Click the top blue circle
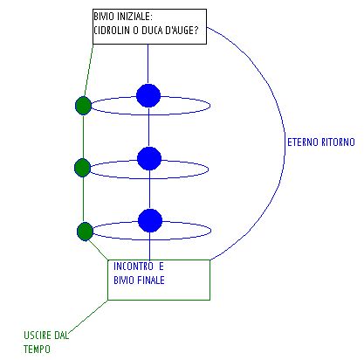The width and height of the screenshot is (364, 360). (148, 95)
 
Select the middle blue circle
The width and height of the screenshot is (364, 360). (149, 158)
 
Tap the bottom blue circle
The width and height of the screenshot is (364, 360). (150, 220)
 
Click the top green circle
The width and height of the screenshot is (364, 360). (84, 106)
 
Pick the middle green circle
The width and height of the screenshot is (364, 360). (83, 168)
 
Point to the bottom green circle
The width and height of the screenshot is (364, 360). (85, 232)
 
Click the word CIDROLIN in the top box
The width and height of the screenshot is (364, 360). (112, 31)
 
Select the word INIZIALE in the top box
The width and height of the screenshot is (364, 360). (134, 17)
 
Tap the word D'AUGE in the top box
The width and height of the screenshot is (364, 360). (182, 31)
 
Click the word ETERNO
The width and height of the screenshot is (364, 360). (303, 142)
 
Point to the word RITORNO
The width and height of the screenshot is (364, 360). (338, 142)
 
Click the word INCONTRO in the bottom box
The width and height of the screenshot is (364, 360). (134, 267)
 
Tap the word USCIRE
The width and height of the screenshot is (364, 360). (38, 336)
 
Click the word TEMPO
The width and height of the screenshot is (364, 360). (37, 349)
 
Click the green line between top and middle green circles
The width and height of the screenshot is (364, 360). (83, 137)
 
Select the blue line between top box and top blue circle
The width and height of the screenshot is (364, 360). (148, 64)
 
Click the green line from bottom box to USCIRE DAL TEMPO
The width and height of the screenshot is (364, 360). (88, 316)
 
